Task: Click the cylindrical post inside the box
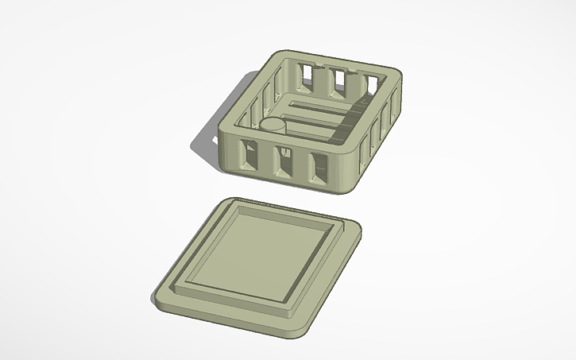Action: (274, 127)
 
